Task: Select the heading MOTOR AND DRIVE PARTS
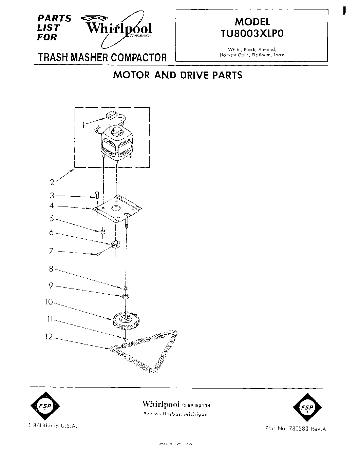click(x=177, y=75)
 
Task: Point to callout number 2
click(x=52, y=182)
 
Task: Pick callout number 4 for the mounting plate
click(x=52, y=205)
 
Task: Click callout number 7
click(x=52, y=251)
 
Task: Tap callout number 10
click(x=50, y=301)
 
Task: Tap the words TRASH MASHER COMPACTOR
click(x=102, y=57)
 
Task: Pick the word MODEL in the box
click(x=252, y=22)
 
